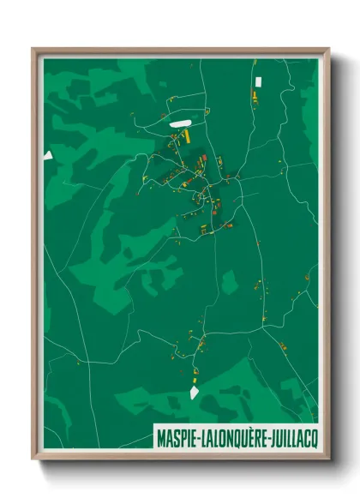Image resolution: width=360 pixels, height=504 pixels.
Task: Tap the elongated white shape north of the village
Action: click(179, 123)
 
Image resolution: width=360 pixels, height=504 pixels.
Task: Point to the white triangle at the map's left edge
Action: click(49, 155)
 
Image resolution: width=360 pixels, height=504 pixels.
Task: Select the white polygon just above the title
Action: click(194, 393)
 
